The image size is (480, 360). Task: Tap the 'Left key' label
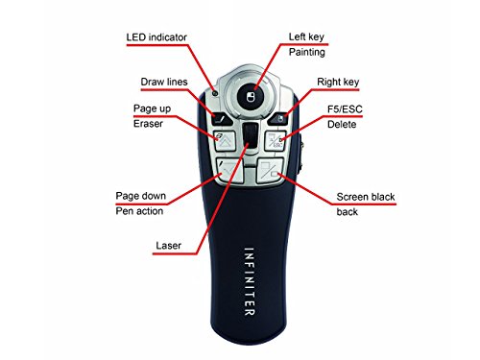(x=309, y=37)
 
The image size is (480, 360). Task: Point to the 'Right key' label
(x=340, y=84)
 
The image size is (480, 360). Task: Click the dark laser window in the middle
(x=249, y=134)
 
